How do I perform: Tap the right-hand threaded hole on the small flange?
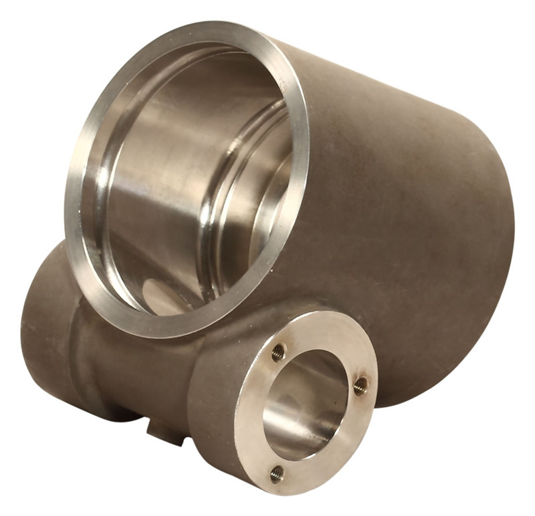click(x=360, y=386)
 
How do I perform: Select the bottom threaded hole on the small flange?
click(x=276, y=473)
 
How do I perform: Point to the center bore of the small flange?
click(x=304, y=408)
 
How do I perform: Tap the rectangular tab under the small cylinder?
click(x=165, y=431)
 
